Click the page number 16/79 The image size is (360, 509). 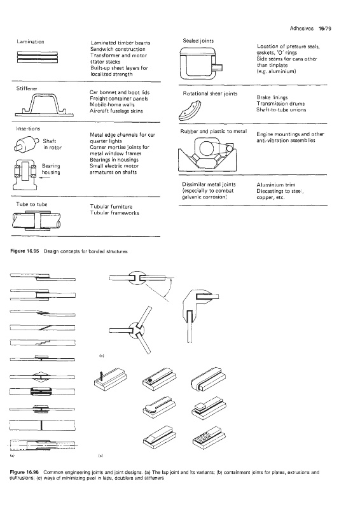click(x=324, y=29)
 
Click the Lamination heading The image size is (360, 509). click(x=30, y=41)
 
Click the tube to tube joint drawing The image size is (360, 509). click(x=36, y=220)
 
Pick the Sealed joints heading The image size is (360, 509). click(x=198, y=41)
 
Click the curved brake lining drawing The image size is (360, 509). click(x=190, y=111)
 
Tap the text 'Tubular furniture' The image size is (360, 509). click(x=111, y=207)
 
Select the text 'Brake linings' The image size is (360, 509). click(x=272, y=97)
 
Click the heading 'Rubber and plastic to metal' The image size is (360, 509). click(x=214, y=132)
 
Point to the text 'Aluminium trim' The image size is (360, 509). click(x=276, y=185)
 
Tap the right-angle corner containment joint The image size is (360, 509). click(x=198, y=307)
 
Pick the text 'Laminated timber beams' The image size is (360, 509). click(x=120, y=43)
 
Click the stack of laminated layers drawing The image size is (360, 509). click(x=38, y=57)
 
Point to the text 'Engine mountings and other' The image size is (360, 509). click(x=290, y=134)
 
